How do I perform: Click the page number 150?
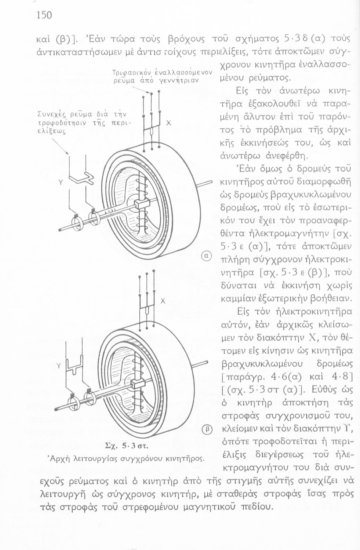(x=44, y=15)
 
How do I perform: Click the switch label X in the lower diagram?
(x=163, y=301)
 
